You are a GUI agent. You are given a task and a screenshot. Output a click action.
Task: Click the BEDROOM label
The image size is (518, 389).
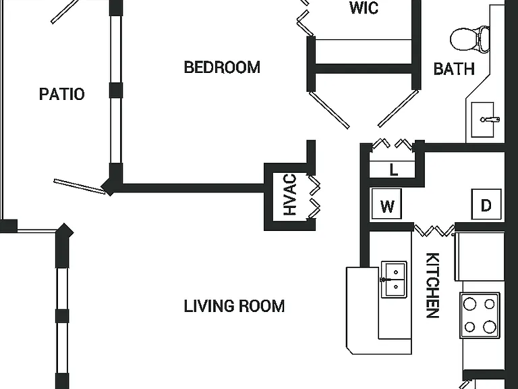[222, 67]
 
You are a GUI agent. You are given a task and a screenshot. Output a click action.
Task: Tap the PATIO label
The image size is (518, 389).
[62, 94]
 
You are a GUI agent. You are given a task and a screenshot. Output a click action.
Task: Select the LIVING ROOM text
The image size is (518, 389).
[234, 306]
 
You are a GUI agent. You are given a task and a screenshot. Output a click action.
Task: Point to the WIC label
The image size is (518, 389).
[364, 8]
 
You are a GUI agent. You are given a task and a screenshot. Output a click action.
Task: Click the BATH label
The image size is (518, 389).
[454, 69]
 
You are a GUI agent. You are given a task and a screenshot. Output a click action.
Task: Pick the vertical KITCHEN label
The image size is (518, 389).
[432, 285]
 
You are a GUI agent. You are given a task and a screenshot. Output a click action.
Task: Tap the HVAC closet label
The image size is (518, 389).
[290, 194]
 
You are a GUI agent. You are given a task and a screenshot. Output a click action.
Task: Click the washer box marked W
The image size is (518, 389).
[386, 204]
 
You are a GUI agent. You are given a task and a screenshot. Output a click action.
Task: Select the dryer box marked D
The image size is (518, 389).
[486, 204]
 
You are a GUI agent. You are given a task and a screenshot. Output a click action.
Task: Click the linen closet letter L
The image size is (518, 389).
[393, 170]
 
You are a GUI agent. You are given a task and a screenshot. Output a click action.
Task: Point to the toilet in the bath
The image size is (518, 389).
[469, 39]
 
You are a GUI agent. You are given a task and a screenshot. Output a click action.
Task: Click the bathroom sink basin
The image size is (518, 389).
[483, 120]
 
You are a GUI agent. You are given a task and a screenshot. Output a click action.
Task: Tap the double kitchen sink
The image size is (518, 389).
[394, 279]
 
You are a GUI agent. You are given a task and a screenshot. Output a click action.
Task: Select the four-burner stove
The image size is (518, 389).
[480, 315]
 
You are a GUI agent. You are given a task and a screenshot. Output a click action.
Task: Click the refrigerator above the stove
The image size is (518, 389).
[480, 257]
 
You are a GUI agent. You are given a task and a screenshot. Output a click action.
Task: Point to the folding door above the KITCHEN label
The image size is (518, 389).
[434, 230]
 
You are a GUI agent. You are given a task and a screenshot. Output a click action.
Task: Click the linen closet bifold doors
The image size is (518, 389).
[393, 145]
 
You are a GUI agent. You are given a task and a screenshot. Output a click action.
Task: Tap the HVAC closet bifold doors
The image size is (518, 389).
[314, 197]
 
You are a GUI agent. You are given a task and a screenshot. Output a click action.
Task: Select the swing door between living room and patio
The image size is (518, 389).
[80, 186]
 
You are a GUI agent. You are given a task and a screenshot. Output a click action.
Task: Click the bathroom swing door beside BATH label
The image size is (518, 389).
[398, 108]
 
